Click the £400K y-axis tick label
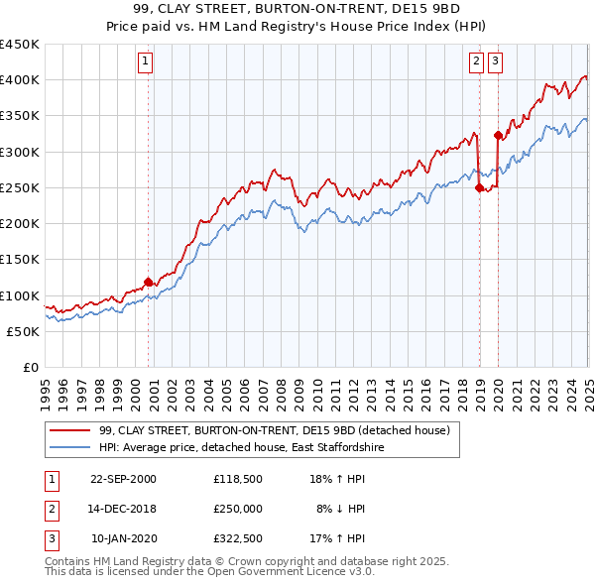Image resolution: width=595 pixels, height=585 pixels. (20, 79)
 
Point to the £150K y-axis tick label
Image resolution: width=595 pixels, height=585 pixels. (20, 259)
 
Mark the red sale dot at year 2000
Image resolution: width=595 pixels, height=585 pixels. (149, 282)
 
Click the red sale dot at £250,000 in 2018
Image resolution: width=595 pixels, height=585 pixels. (479, 187)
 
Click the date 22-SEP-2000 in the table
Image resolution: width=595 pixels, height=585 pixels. (123, 479)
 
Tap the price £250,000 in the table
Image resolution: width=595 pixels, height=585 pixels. (238, 509)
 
